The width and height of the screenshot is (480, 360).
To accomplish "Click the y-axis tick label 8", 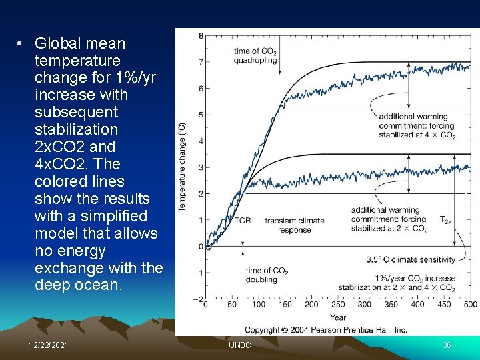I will click(201, 35).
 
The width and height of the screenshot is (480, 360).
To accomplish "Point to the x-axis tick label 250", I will click(338, 305).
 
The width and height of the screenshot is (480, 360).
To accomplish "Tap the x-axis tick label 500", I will click(470, 305).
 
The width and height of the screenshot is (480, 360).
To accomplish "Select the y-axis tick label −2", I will click(199, 299).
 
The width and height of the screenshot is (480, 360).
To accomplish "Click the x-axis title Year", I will click(338, 317).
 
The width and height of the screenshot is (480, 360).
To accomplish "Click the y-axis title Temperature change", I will click(182, 167).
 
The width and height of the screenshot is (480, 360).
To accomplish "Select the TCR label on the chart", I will click(243, 221).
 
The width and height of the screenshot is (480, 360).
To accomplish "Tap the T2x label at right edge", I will click(445, 219).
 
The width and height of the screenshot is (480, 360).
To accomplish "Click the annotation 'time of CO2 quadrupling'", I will click(255, 55).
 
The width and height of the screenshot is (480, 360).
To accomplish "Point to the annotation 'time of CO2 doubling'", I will click(267, 275).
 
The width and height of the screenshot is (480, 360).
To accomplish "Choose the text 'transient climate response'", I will click(294, 225).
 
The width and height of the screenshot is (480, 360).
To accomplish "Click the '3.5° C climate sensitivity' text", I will click(411, 259).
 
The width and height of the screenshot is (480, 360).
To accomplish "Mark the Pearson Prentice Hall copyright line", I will click(325, 330).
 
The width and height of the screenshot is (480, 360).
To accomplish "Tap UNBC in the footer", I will click(239, 345).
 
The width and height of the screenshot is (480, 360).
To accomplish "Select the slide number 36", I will click(447, 345).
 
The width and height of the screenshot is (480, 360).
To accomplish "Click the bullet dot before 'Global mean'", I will click(21, 44).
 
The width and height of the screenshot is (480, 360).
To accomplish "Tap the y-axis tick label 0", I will click(201, 247).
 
